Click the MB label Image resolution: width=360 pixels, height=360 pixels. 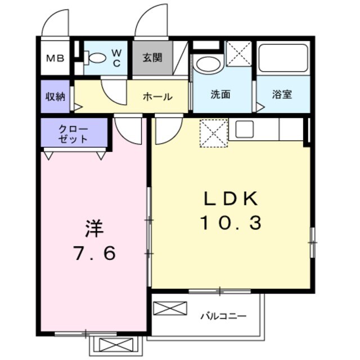[x=55, y=58]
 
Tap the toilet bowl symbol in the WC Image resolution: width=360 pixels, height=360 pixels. [x=96, y=57]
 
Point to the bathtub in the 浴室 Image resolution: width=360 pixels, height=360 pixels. [x=283, y=58]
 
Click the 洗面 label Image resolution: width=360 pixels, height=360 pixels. [x=220, y=95]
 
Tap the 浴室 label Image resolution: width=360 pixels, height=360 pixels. [x=282, y=95]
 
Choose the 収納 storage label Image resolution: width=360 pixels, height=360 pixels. [x=56, y=96]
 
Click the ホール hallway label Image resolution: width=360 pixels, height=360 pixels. [x=157, y=97]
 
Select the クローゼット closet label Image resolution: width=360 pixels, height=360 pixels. [x=73, y=134]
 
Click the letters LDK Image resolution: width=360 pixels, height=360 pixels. [x=231, y=198]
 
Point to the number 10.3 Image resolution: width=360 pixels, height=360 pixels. [x=231, y=224]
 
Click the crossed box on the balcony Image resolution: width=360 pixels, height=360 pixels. [x=170, y=308]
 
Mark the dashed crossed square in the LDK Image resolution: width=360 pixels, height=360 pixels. [x=213, y=133]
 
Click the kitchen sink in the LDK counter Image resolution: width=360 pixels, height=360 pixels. [x=246, y=130]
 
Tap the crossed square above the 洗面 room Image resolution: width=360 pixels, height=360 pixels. [x=238, y=54]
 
